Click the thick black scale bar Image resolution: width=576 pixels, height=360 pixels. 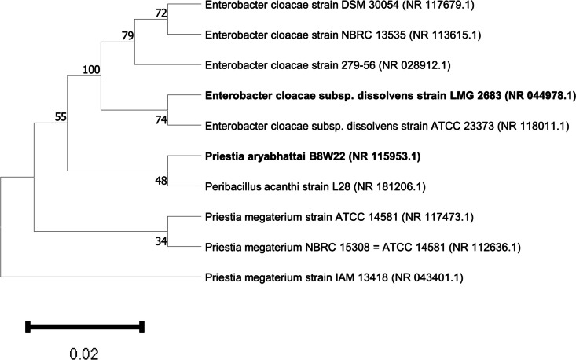pyautogui.click(x=84, y=326)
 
